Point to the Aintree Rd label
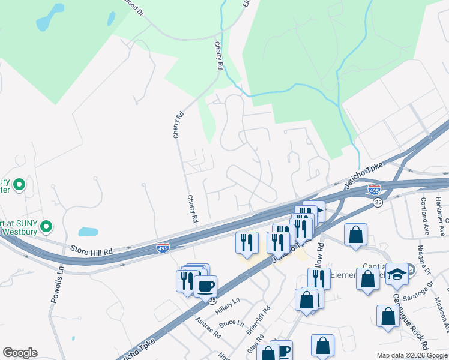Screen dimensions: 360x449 (x=209, y=328)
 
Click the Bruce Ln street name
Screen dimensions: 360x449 (x=231, y=324)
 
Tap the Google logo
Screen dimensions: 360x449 (x=20, y=353)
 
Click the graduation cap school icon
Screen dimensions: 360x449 (x=397, y=274)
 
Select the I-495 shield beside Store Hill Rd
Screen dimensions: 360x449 (x=162, y=247)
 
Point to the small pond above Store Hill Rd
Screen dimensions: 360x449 (x=88, y=232)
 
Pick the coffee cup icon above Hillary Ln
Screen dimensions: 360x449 (x=205, y=286)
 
